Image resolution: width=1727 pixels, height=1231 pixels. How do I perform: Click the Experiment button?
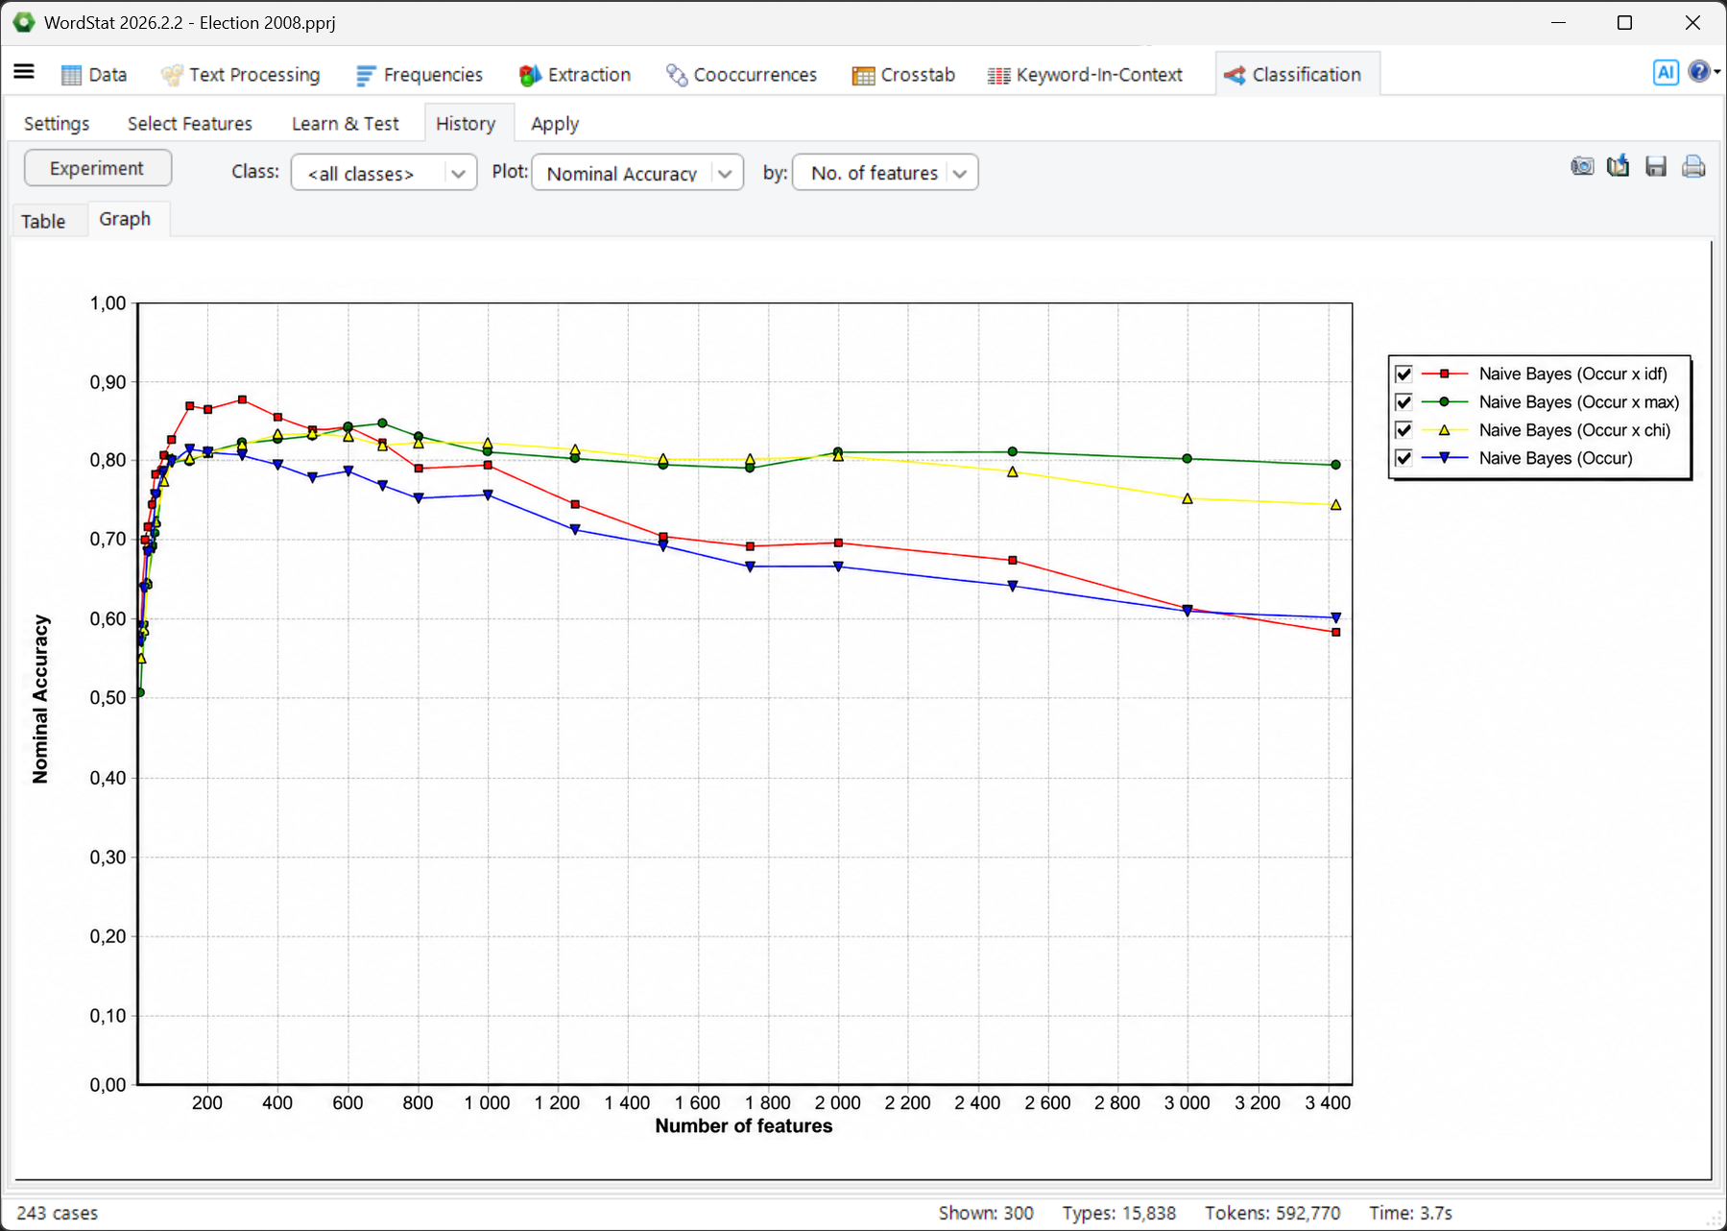(98, 168)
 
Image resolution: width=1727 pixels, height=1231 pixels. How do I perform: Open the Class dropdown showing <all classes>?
(384, 173)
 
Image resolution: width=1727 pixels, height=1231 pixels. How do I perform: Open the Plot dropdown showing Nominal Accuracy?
(637, 173)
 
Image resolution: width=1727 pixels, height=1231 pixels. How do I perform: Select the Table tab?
(43, 221)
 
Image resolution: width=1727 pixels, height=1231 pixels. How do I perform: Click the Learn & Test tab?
(345, 124)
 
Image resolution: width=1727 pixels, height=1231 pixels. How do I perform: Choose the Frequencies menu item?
(420, 75)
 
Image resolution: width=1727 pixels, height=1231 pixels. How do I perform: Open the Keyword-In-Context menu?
(1086, 75)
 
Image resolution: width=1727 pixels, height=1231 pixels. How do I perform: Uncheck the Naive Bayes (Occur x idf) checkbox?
(1403, 374)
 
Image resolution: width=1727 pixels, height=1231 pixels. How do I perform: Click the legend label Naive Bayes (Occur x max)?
(1578, 402)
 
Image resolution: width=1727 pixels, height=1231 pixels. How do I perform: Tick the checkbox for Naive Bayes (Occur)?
(1403, 458)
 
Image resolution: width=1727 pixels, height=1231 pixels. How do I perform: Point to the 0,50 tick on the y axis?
(108, 698)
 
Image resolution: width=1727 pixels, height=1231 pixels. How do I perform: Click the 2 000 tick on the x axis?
(838, 1103)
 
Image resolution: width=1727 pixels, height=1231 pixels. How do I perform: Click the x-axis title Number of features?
(744, 1126)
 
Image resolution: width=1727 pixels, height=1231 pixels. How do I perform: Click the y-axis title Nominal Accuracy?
(40, 699)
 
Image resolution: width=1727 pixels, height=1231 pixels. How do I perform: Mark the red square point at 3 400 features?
(1336, 633)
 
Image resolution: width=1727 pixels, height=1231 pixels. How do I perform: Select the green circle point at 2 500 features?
(1013, 451)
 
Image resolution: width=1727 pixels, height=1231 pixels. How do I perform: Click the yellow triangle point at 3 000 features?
(1187, 498)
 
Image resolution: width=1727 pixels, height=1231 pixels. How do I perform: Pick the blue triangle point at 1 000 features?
(488, 495)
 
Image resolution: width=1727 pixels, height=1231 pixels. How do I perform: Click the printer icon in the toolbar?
(1693, 167)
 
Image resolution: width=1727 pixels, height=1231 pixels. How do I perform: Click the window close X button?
(1692, 23)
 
